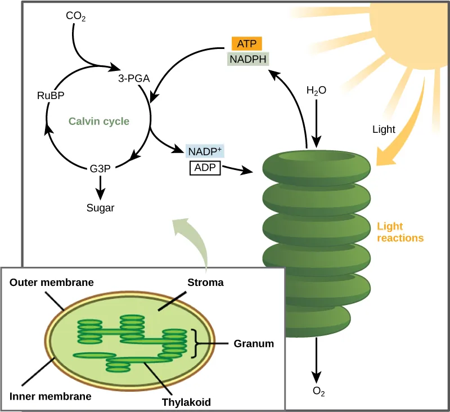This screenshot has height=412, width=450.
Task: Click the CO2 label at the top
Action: click(75, 16)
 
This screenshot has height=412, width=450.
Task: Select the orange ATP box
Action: click(246, 43)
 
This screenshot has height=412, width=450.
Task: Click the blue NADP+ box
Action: click(205, 151)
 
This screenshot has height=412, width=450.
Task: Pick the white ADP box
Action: click(205, 168)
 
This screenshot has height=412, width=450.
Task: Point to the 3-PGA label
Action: click(133, 79)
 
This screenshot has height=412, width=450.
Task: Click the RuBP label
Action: click(50, 96)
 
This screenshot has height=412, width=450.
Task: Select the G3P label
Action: click(100, 168)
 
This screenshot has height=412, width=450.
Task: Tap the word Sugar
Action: click(101, 208)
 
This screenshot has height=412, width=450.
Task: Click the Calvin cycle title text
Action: click(99, 121)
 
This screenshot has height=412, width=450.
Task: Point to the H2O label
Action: click(316, 90)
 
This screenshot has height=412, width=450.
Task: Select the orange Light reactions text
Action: click(400, 232)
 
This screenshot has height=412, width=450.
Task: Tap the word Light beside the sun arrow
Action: click(384, 129)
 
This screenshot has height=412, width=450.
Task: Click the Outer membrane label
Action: click(51, 282)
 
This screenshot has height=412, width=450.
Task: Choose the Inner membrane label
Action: click(50, 396)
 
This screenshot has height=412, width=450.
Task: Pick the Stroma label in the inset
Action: click(206, 283)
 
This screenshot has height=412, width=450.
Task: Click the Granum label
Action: click(254, 343)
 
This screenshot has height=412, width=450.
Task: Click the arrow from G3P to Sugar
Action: click(101, 186)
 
